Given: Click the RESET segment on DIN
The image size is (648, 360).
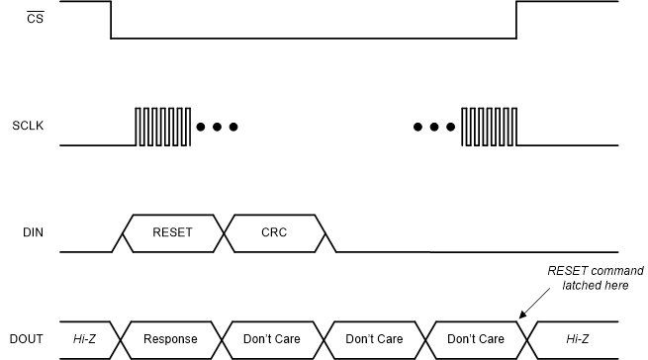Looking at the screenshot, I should click(x=173, y=233).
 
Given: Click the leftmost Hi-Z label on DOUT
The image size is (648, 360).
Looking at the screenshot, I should click(x=86, y=339).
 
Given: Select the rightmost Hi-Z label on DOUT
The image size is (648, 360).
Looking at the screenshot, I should click(x=577, y=339).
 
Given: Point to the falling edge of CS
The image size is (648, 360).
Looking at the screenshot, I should click(x=111, y=20).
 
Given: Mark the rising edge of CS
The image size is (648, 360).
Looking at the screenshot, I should click(x=516, y=20).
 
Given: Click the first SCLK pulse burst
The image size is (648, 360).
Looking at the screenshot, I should click(x=162, y=127).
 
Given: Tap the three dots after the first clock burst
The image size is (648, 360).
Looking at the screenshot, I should click(x=217, y=128).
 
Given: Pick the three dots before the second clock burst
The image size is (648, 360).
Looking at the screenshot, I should click(x=435, y=128).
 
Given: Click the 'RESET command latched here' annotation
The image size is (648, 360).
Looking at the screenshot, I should click(x=596, y=278).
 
